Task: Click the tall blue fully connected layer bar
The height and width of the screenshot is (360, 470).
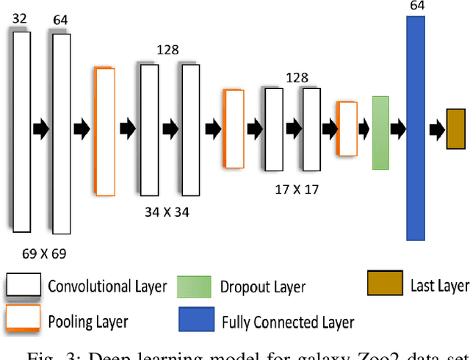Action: click(x=416, y=129)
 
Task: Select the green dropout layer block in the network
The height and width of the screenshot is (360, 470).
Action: click(x=380, y=132)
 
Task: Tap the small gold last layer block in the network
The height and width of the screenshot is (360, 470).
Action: click(x=455, y=129)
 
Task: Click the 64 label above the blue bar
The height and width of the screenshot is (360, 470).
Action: click(x=417, y=7)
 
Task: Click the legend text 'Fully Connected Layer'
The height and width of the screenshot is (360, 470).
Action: click(x=288, y=322)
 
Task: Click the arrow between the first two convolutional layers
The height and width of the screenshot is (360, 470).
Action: click(x=40, y=129)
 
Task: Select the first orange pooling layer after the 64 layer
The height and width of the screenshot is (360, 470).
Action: click(x=105, y=131)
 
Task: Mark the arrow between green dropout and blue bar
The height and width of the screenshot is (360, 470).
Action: click(x=398, y=129)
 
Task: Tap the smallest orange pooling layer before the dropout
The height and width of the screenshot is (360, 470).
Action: click(x=346, y=129)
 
